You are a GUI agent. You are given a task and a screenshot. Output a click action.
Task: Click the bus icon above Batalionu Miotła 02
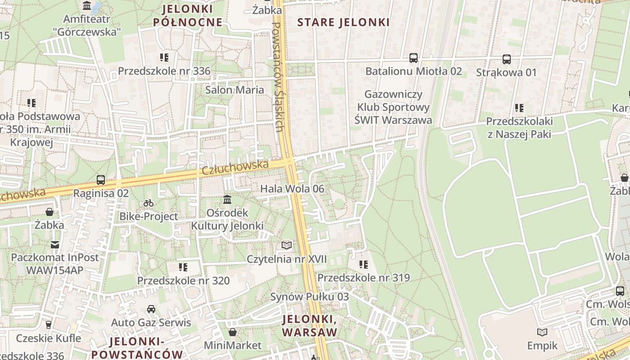point(414,58)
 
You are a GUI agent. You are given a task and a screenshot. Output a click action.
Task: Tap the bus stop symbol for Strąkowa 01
point(507,59)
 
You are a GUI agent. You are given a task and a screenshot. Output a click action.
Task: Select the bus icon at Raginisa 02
point(101,180)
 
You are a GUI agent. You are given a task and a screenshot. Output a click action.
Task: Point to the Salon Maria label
point(234,90)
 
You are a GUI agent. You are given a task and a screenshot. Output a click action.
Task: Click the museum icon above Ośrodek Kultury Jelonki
point(227,199)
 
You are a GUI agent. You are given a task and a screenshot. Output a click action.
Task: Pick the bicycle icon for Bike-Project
point(148,203)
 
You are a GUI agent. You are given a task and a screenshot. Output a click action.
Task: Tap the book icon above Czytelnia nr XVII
point(287,246)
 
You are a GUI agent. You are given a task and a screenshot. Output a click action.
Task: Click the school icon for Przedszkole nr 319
point(364,265)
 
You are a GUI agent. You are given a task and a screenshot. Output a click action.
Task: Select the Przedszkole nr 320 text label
point(184,281)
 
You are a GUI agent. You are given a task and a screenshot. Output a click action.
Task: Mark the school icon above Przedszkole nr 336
point(164,58)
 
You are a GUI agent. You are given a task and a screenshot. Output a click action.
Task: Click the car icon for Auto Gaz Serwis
point(151,310)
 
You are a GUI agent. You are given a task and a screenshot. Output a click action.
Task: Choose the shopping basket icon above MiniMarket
point(233,333)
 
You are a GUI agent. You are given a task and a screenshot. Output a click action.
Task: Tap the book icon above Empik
point(543,333)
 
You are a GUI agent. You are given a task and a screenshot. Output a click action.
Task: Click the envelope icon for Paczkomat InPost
point(55,245)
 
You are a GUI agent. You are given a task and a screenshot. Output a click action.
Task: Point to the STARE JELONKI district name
point(343,22)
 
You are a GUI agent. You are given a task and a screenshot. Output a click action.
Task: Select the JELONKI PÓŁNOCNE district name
point(188,15)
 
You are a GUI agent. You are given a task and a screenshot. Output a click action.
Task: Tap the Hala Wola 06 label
point(292,189)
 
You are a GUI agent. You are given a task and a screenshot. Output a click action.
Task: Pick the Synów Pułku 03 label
point(309,297)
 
